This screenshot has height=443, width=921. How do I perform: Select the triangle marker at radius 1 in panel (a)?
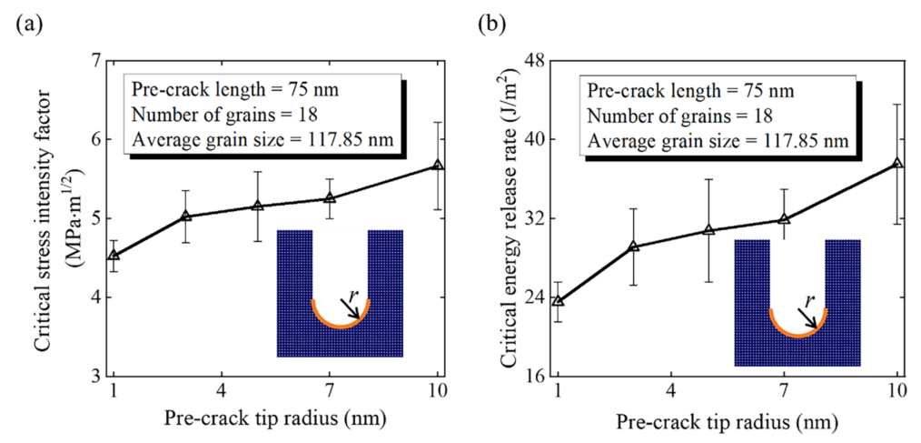(113, 255)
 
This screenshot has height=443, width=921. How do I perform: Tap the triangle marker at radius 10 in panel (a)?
(438, 165)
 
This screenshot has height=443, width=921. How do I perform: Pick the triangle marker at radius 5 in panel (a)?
(257, 206)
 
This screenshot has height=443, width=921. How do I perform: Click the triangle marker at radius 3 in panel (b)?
(634, 247)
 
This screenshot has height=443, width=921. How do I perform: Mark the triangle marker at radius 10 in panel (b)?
(897, 163)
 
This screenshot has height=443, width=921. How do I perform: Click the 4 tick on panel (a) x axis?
(221, 391)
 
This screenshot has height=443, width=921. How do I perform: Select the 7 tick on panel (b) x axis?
(784, 391)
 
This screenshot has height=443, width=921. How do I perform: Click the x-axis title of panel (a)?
(276, 418)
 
